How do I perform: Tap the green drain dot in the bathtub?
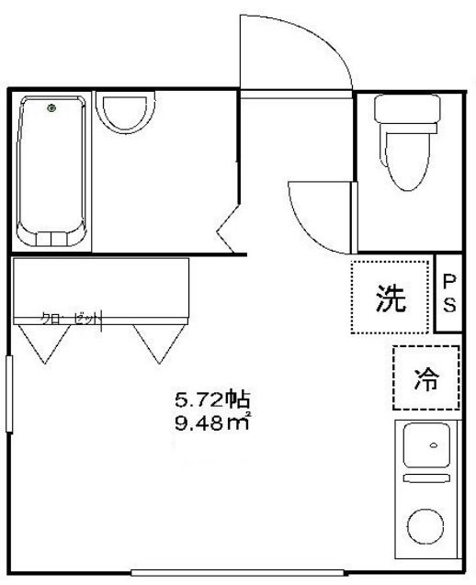pos(51,110)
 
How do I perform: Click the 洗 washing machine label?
pos(391,298)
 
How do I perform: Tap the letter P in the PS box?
pos(450,282)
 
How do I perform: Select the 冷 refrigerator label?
pos(425,377)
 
